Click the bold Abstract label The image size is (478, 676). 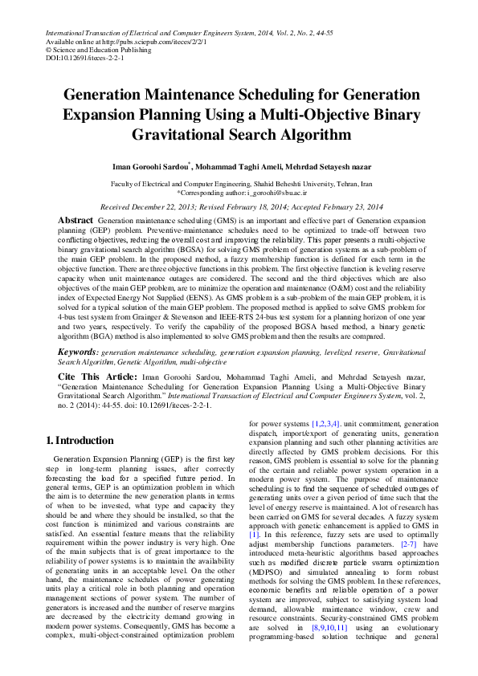(x=76, y=220)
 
